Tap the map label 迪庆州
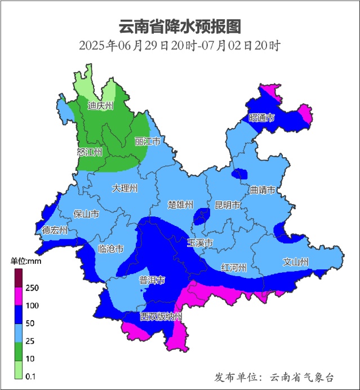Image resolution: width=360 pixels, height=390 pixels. pos(101,105)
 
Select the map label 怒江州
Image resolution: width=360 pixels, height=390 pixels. pos(90,152)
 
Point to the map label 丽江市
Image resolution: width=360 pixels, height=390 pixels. pos(148,141)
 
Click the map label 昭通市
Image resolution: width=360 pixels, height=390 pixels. pos(261,118)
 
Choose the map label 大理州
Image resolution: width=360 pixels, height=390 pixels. pos(125,188)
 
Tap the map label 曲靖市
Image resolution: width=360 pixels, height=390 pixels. pos(263,190)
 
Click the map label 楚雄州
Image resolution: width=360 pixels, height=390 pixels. pos(181,205)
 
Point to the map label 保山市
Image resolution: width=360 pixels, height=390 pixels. pos(87,214)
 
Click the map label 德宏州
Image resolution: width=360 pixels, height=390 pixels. pos(55,231)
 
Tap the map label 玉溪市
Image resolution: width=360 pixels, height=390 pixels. pos(200,243)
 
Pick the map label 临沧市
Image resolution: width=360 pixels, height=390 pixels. pos(111,249)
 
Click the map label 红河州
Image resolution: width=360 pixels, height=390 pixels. pos(234,267)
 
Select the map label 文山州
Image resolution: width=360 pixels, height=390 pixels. pos(295,262)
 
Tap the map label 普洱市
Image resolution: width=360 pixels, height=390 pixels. pos(152,280)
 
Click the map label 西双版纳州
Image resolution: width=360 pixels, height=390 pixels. pos(161,317)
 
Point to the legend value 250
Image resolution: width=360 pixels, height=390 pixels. pos(32,288)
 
